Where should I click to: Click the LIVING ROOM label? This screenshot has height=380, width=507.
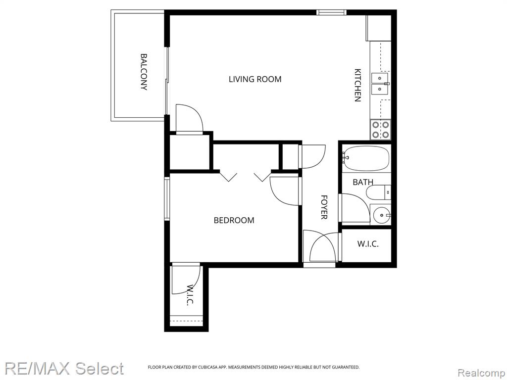coord(255,79)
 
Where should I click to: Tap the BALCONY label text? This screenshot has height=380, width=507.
coord(144,72)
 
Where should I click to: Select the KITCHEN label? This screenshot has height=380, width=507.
coord(357,85)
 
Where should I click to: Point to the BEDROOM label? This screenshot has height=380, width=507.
coord(234,220)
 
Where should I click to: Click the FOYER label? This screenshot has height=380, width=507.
coord(324,207)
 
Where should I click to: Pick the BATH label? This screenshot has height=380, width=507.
coord(363,182)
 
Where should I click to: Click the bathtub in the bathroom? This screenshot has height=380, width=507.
coord(366,158)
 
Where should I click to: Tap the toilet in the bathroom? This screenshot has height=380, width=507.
coord(379,192)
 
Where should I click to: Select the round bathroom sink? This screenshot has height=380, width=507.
coord(382,215)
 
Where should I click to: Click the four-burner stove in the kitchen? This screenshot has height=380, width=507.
coord(380,129)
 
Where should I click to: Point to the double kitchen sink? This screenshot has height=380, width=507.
coord(380,84)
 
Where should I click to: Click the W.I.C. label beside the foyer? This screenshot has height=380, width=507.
coord(368,243)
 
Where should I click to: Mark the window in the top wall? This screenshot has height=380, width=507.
coord(331,12)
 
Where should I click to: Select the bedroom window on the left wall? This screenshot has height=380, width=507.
coord(167,199)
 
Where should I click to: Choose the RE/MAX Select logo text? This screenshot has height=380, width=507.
coord(64,369)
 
